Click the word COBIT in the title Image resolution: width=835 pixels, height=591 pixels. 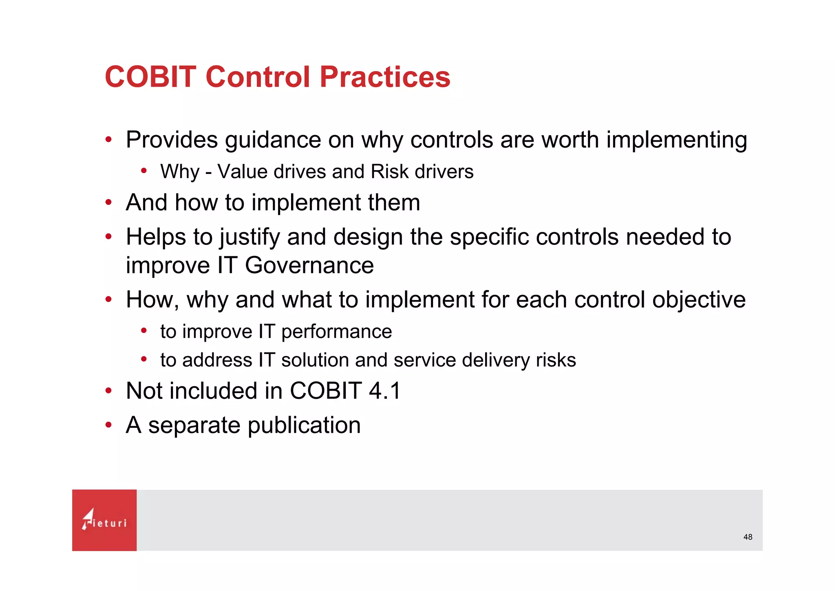pyautogui.click(x=150, y=77)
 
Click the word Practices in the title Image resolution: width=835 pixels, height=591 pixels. pyautogui.click(x=385, y=77)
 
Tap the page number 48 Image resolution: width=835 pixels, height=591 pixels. pyautogui.click(x=747, y=537)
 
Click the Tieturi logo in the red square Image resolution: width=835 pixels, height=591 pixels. pyautogui.click(x=104, y=520)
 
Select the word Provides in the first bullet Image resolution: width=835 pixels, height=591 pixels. pyautogui.click(x=172, y=140)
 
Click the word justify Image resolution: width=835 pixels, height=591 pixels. pyautogui.click(x=250, y=238)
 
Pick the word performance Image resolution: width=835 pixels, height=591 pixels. pyautogui.click(x=336, y=332)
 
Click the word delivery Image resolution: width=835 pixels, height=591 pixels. pyautogui.click(x=495, y=360)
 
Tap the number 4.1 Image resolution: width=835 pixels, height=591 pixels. pyautogui.click(x=384, y=391)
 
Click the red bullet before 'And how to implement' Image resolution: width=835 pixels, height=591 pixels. pyautogui.click(x=108, y=202)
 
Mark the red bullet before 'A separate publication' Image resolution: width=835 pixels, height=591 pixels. pyautogui.click(x=108, y=425)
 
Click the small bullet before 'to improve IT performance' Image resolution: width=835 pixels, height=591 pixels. pyautogui.click(x=144, y=331)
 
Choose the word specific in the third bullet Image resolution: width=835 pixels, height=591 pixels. pyautogui.click(x=489, y=238)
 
